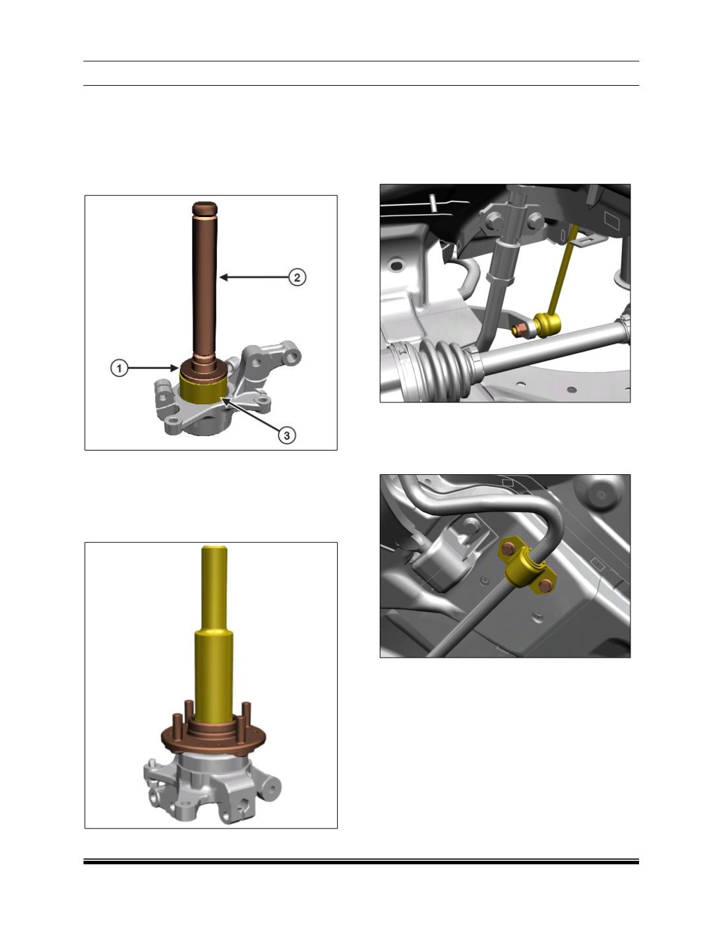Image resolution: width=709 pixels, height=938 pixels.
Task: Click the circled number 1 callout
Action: [x=119, y=367]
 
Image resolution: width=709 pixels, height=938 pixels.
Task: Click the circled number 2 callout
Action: [x=297, y=277]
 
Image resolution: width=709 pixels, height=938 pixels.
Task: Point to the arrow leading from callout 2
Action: [x=254, y=277]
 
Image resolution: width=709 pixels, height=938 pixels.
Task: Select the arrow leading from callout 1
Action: [x=153, y=367]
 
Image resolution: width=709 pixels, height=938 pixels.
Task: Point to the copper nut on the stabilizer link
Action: [x=520, y=329]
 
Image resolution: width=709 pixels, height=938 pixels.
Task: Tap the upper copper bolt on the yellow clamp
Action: [x=509, y=547]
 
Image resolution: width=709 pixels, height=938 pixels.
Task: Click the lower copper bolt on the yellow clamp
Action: [x=545, y=585]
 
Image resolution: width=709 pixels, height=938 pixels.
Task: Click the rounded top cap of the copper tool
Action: [x=205, y=208]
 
